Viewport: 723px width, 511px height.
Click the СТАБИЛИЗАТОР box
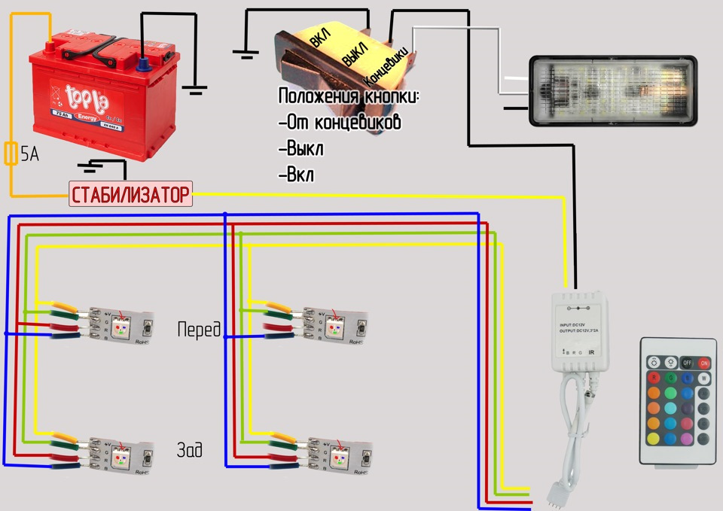point(130,195)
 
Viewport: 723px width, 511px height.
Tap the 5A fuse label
point(30,155)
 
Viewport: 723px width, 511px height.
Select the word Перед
point(199,329)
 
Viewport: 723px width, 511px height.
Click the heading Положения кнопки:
point(348,97)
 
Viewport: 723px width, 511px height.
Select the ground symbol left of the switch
point(243,53)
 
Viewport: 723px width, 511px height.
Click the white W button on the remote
point(705,377)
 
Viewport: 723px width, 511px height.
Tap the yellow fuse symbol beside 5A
point(11,154)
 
